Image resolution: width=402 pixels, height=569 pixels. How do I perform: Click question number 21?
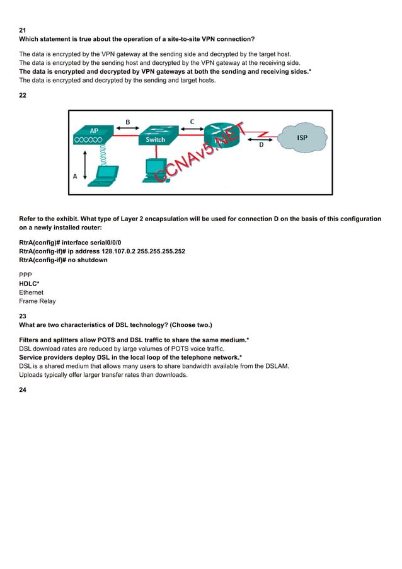coord(23,29)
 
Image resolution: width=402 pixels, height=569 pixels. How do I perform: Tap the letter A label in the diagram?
coord(75,177)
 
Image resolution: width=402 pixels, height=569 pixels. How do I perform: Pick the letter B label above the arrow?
coord(128,121)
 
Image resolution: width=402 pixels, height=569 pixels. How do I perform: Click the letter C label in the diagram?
coord(192,121)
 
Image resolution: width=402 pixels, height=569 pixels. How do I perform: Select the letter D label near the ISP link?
coord(261,144)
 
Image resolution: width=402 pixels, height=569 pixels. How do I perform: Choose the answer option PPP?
coord(26,275)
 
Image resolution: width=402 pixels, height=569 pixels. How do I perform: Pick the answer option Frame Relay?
coord(37,301)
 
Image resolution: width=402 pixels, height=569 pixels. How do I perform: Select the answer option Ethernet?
coord(32,292)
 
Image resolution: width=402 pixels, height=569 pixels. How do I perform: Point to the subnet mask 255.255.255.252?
coord(161,251)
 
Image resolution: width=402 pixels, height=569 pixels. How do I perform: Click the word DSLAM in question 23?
coord(277,365)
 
